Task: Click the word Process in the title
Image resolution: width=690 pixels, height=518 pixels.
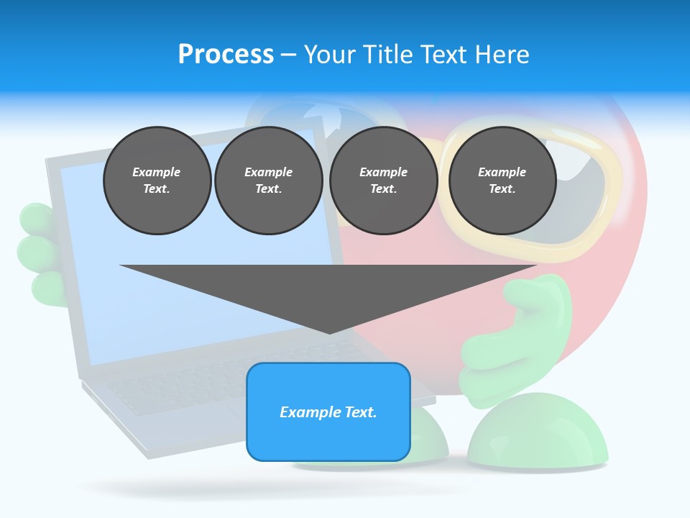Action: click(x=226, y=55)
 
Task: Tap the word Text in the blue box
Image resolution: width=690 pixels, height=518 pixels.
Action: click(x=361, y=412)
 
